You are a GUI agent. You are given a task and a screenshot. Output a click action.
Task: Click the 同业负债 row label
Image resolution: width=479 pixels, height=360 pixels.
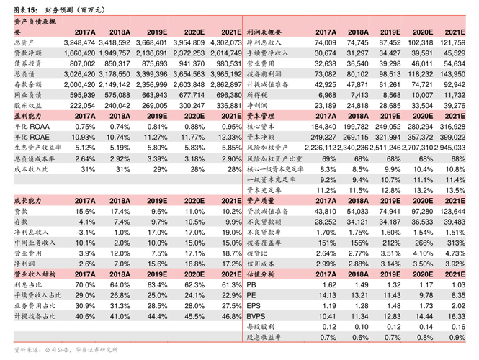(28, 94)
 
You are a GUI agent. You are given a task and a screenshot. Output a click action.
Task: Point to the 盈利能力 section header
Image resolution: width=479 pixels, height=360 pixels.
(27, 115)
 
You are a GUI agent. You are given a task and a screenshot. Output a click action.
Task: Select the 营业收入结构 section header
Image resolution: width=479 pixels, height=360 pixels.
(34, 274)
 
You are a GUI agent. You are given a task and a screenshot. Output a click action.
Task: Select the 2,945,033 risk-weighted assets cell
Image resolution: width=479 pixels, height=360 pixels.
(447, 147)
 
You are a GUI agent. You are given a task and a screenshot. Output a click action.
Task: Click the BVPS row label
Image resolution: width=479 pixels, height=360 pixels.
(256, 316)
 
